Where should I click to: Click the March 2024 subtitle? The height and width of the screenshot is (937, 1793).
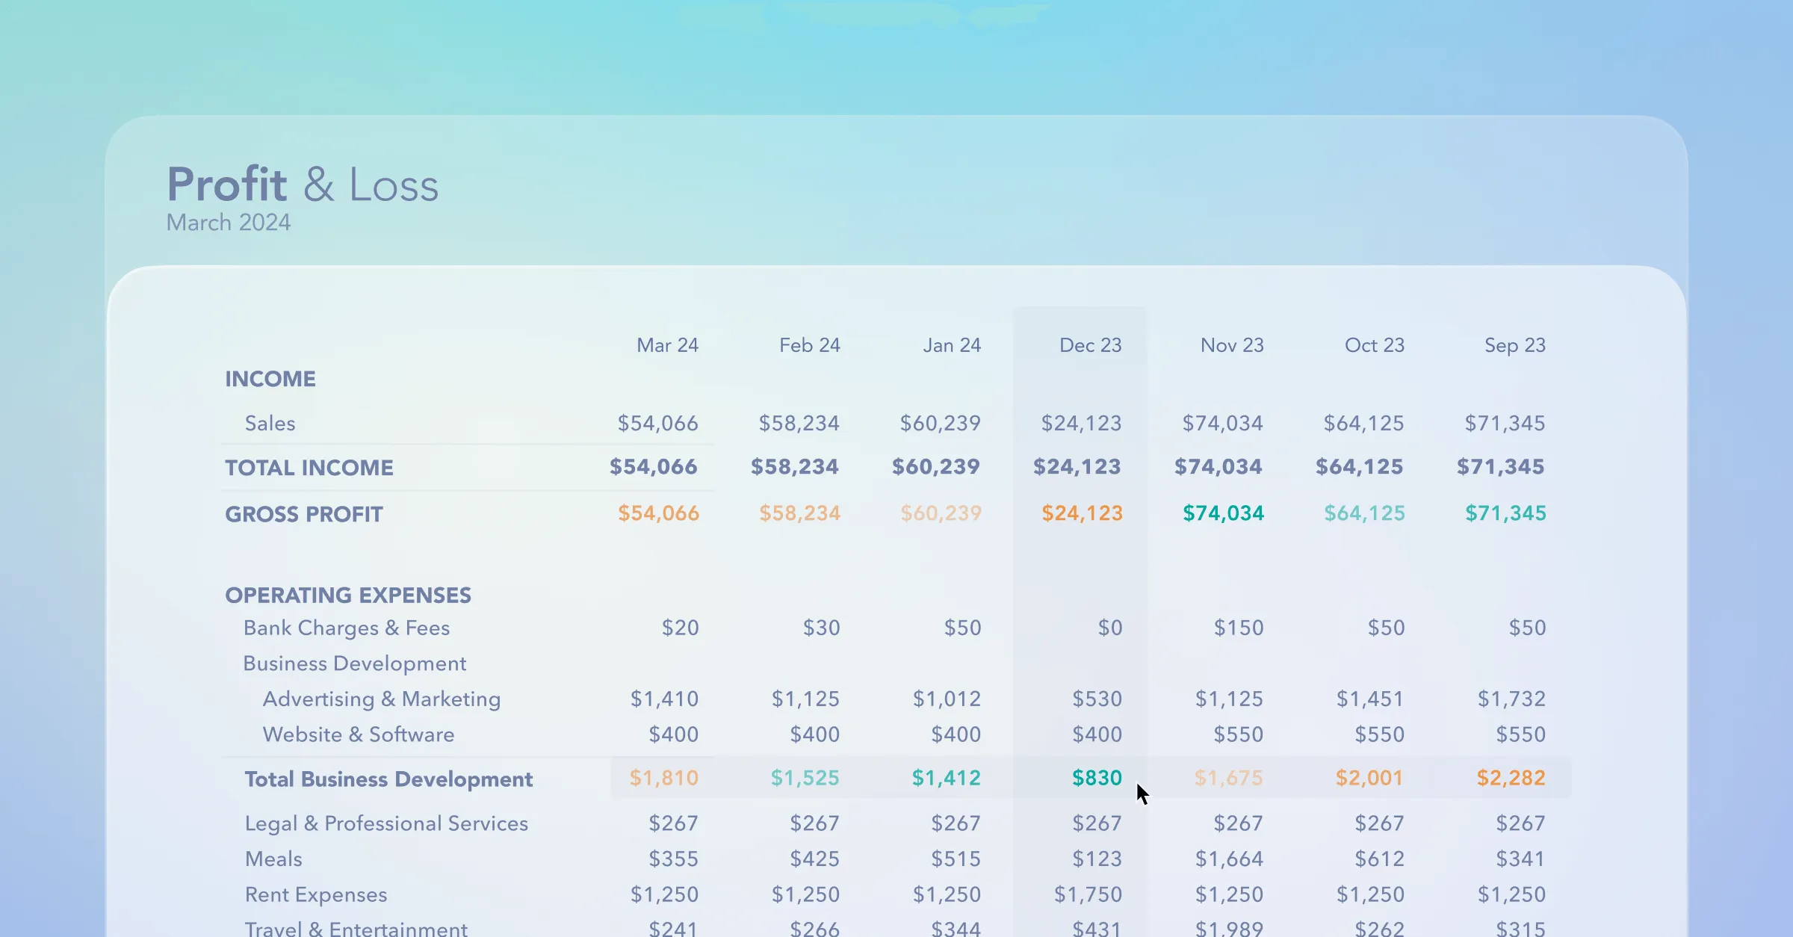(228, 223)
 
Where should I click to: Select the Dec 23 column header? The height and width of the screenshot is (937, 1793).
(1090, 345)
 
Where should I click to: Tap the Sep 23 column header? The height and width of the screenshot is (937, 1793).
(1514, 345)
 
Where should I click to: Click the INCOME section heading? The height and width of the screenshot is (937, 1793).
(270, 379)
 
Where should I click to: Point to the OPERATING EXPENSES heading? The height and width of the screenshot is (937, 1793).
(348, 595)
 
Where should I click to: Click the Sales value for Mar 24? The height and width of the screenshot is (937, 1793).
(657, 424)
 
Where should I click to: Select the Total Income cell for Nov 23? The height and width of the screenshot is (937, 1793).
(1218, 467)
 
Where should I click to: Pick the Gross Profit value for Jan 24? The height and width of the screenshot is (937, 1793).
(941, 513)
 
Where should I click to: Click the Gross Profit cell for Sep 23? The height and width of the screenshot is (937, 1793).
(1505, 513)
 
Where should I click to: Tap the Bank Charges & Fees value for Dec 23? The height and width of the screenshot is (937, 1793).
(1109, 628)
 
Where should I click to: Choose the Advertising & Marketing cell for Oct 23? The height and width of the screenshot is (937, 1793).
(1370, 699)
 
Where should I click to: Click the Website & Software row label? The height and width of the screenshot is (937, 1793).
(359, 735)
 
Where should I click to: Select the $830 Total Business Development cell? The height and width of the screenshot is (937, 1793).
(1097, 778)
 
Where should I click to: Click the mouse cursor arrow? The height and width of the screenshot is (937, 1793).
(1142, 794)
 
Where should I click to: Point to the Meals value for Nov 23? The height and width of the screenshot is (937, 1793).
(1229, 859)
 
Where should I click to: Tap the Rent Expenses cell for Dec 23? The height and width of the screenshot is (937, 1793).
(1088, 894)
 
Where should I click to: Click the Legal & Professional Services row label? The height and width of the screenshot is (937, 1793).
(386, 823)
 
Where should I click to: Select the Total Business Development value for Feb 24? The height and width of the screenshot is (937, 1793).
(805, 778)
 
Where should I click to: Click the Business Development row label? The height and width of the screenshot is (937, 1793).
(355, 664)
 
